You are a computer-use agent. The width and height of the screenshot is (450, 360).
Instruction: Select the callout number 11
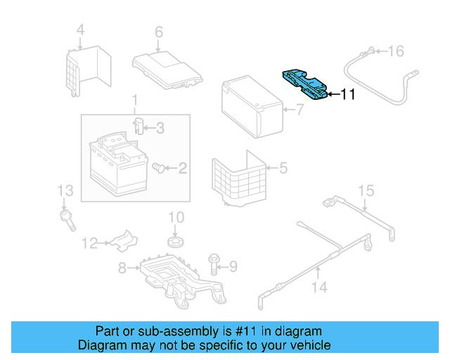point(348,94)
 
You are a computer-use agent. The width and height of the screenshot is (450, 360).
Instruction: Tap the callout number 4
point(80,30)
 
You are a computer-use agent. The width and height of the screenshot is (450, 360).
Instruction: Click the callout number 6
point(159,32)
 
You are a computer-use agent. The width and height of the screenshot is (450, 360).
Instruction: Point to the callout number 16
point(397,51)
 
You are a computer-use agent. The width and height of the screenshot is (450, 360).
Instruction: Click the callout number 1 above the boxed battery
point(134,103)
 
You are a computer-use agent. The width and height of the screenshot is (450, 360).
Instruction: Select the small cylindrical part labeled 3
point(140,127)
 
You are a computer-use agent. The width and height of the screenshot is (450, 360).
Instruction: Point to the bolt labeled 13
point(68,214)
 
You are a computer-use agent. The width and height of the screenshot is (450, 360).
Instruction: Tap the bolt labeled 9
point(214,265)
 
